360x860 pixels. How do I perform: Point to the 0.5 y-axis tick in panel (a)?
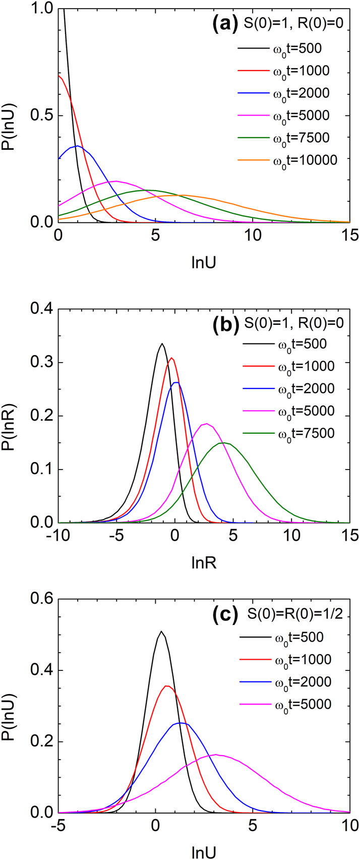[x=41, y=116]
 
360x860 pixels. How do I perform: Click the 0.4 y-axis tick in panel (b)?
[x=41, y=309]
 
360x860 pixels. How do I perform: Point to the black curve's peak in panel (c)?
[x=161, y=631]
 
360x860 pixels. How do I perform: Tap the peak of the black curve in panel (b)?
[x=162, y=344]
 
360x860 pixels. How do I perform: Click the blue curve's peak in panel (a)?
[x=77, y=146]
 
